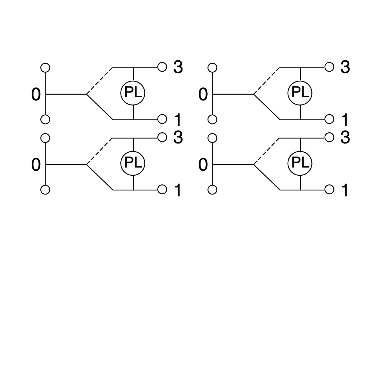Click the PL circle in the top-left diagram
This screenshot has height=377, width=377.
point(133,93)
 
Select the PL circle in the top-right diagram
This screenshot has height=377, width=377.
point(300,93)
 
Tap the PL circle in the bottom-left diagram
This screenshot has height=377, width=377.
point(133,164)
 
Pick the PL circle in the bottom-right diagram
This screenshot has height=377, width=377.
point(300,164)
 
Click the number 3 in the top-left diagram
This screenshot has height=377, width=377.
point(178,67)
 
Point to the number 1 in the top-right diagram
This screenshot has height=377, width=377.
point(345,120)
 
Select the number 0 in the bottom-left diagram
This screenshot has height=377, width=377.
point(36,165)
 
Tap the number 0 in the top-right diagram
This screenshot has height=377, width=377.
point(203,95)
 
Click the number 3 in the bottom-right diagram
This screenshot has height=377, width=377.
point(345,138)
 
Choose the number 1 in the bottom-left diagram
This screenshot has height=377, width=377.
point(178,190)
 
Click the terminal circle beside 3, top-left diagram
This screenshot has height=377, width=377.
point(162,67)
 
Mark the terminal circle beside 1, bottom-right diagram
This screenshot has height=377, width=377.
point(329,190)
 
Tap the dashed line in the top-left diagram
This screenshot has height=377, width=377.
point(99,81)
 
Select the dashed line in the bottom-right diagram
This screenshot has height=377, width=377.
point(267,151)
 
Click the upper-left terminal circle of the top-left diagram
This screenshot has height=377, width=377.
point(45,67)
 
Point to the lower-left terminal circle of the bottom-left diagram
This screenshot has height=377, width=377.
point(45,190)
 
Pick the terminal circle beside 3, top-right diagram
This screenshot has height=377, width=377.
point(329,67)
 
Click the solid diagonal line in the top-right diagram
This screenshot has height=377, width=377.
point(267,107)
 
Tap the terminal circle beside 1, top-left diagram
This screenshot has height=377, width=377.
point(162,119)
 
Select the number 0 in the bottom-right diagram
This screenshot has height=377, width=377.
point(203,165)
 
